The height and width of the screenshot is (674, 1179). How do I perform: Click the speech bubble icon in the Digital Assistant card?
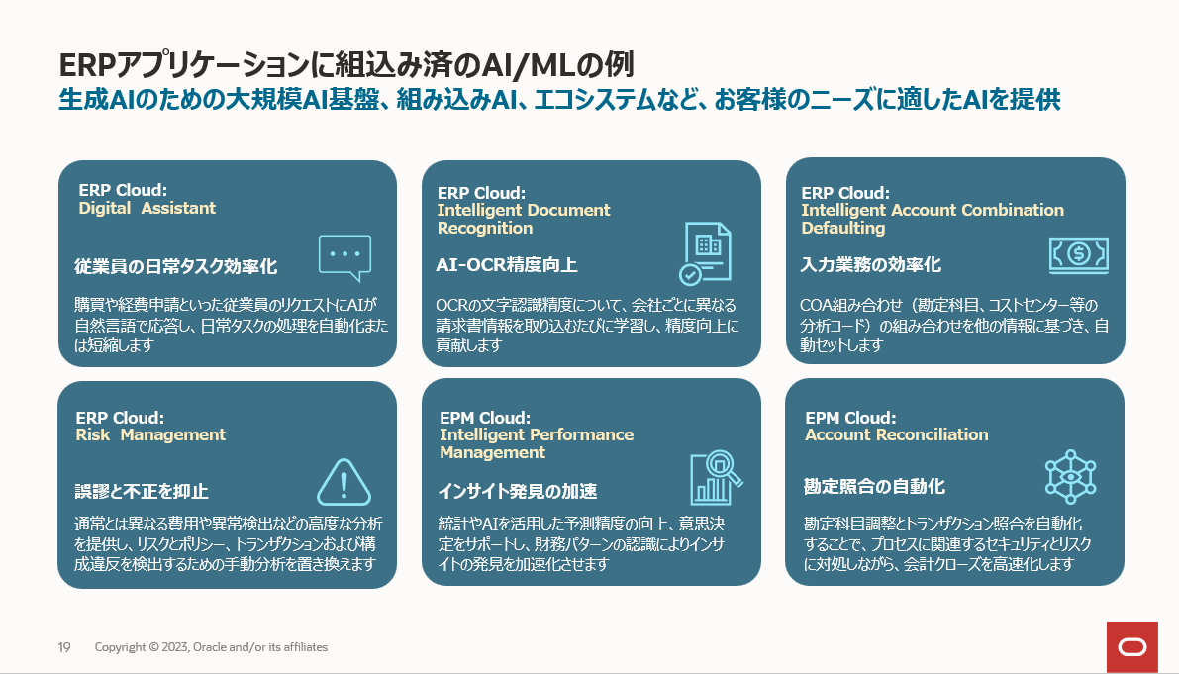pyautogui.click(x=344, y=257)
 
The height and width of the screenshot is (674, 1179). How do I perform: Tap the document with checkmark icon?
pyautogui.click(x=706, y=253)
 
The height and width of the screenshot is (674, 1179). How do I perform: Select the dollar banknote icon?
pyautogui.click(x=1077, y=254)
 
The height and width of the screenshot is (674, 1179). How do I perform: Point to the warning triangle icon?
pyautogui.click(x=344, y=483)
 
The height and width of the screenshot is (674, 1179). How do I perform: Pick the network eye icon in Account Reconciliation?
pyautogui.click(x=1072, y=477)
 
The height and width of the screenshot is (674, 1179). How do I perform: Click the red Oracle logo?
pyautogui.click(x=1131, y=647)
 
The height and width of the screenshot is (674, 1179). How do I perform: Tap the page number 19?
pyautogui.click(x=63, y=647)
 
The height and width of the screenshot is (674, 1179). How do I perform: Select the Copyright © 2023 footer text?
pyautogui.click(x=211, y=647)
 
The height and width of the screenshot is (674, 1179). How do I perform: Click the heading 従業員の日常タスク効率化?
pyautogui.click(x=176, y=266)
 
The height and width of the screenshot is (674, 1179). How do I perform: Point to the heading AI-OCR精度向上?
pyautogui.click(x=507, y=265)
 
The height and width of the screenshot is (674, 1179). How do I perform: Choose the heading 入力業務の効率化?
pyautogui.click(x=871, y=265)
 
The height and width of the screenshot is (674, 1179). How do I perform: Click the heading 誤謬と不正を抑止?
pyautogui.click(x=142, y=492)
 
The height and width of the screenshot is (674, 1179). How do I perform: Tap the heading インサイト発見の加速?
pyautogui.click(x=518, y=492)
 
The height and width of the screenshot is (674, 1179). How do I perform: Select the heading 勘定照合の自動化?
pyautogui.click(x=874, y=486)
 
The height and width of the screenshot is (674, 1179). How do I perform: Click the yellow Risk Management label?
pyautogui.click(x=150, y=434)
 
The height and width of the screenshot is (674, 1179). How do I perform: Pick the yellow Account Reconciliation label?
pyautogui.click(x=896, y=434)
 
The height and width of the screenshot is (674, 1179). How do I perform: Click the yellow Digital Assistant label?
pyautogui.click(x=147, y=208)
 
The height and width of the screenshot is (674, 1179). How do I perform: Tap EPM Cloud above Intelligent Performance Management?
pyautogui.click(x=484, y=418)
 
